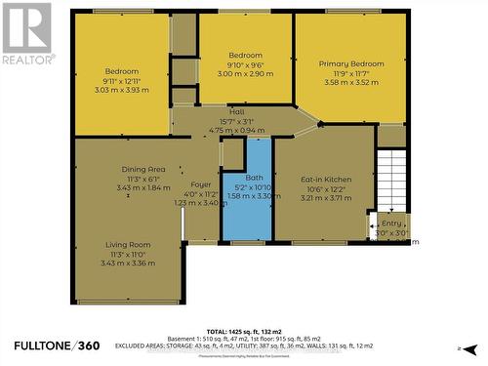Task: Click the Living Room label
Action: (128, 244)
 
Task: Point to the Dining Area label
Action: (143, 169)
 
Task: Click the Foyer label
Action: (201, 184)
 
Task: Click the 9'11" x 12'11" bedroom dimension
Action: (123, 80)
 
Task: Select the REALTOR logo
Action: (26, 33)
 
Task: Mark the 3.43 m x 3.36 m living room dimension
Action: (128, 263)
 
